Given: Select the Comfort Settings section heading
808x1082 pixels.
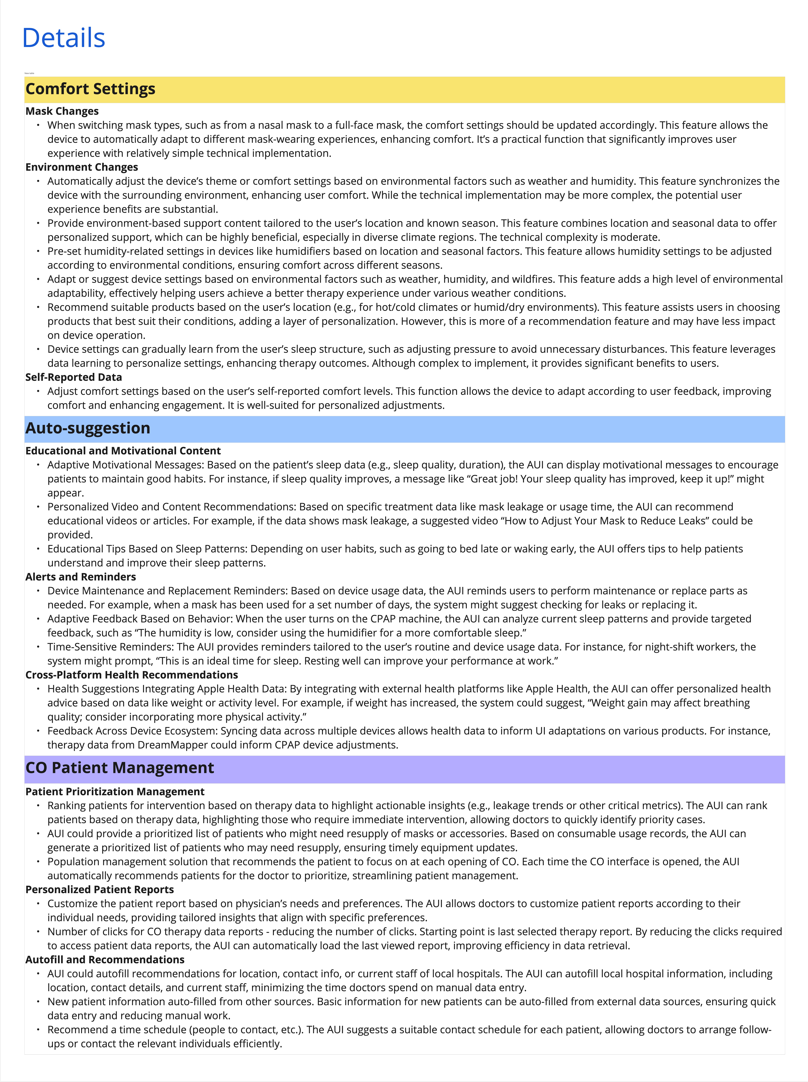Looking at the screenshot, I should (90, 89).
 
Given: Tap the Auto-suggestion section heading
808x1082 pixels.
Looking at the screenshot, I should (88, 428).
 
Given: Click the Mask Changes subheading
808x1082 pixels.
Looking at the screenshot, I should (62, 112).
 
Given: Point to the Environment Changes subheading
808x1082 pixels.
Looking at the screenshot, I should (82, 167).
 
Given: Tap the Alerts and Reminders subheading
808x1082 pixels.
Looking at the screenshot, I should (81, 577).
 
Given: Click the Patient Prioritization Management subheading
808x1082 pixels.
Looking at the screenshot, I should (115, 792).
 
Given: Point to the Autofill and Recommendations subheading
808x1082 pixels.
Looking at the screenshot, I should (105, 960).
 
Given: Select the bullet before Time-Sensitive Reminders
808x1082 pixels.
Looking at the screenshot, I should (38, 647).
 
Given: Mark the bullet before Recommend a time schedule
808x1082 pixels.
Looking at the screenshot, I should (38, 1030).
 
